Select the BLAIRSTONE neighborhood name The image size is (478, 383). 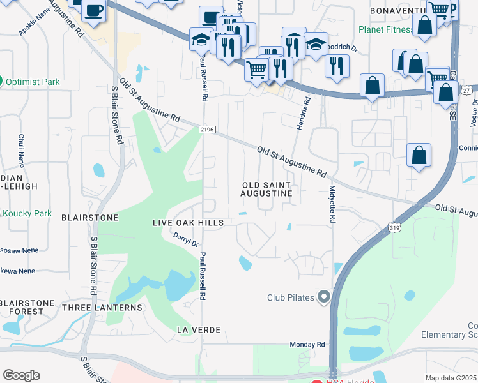click(x=89, y=218)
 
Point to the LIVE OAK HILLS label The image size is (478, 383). click(x=188, y=223)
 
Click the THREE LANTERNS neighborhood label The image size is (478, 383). click(x=102, y=308)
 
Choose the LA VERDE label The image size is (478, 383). click(x=199, y=330)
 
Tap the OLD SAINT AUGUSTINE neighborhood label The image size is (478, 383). click(x=267, y=189)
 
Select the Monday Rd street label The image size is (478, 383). click(x=307, y=345)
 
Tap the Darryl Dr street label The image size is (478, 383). click(x=187, y=239)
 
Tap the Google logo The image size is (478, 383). click(x=21, y=375)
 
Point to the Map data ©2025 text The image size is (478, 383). click(x=451, y=378)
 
